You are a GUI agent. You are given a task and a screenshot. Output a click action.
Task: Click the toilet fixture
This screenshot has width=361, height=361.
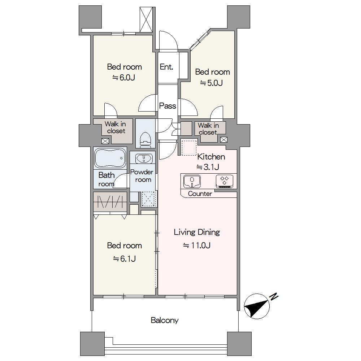point(145,139)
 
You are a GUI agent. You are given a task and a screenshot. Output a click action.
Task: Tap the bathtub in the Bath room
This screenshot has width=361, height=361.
point(110,158)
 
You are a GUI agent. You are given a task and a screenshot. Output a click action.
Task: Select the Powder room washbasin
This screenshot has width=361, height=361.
point(144,158)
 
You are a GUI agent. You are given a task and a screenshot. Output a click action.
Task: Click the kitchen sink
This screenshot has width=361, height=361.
point(192,181)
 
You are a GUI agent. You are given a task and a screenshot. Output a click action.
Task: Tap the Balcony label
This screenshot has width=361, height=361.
point(165,320)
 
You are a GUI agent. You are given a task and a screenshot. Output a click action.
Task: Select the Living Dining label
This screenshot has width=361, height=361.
point(197,232)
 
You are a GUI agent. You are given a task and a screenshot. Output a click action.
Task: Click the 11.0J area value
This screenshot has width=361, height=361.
point(197,245)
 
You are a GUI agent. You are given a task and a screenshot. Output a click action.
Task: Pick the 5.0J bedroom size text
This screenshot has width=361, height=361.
point(211,83)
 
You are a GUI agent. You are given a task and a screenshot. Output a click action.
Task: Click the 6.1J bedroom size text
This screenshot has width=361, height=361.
point(124,259)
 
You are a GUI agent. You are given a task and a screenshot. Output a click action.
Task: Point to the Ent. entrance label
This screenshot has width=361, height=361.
point(166,67)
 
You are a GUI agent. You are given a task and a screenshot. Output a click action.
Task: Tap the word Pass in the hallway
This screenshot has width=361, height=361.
point(168,106)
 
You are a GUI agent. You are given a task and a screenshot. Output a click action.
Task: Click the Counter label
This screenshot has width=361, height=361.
point(200,193)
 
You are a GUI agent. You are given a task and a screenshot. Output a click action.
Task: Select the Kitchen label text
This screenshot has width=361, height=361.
point(211,157)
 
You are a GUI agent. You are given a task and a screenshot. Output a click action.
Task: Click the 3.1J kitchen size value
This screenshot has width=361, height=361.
point(208,167)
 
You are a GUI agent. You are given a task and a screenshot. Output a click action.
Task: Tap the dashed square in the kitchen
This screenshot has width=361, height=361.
point(189,148)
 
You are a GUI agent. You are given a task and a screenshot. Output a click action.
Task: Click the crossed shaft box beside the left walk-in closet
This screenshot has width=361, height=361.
point(105,141)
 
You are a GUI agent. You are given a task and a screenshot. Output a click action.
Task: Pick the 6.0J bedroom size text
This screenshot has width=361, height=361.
point(123,78)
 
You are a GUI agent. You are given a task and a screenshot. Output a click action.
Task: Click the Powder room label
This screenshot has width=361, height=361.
point(142,176)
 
